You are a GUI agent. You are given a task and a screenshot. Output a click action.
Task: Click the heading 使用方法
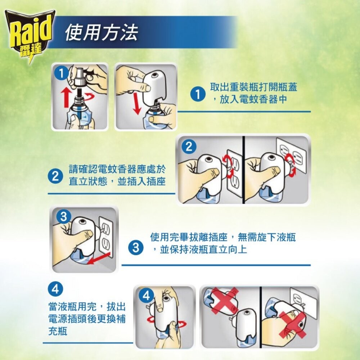[x=102, y=33]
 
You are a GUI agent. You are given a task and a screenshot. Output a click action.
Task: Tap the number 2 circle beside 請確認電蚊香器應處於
[x=55, y=176]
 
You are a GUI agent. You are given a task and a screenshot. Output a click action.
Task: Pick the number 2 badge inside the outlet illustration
[x=189, y=147]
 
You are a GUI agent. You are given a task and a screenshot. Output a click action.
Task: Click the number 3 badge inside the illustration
[x=64, y=217]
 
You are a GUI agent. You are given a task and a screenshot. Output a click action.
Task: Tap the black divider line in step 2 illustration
[x=243, y=169]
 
